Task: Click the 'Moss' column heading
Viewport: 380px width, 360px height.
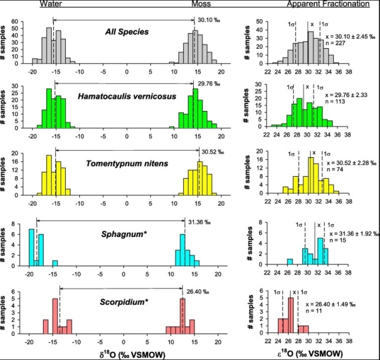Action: [201, 4]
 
